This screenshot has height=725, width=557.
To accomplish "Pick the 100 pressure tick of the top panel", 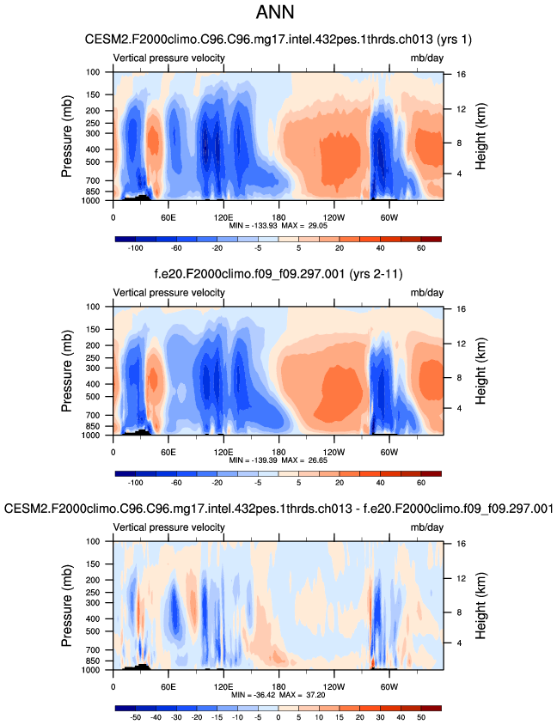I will point(94,73).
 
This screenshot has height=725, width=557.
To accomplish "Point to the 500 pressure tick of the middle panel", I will point(94,396).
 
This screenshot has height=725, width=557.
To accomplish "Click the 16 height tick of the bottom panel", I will point(461,543).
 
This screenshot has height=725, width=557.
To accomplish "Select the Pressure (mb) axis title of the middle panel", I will point(68,371).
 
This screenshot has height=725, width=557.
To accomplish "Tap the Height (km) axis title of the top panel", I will point(481,137).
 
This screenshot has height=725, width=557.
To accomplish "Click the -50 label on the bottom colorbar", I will point(134,716).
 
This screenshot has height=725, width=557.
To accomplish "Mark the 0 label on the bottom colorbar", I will point(278,716).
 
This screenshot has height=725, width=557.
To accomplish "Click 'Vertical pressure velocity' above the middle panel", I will point(168,292).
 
